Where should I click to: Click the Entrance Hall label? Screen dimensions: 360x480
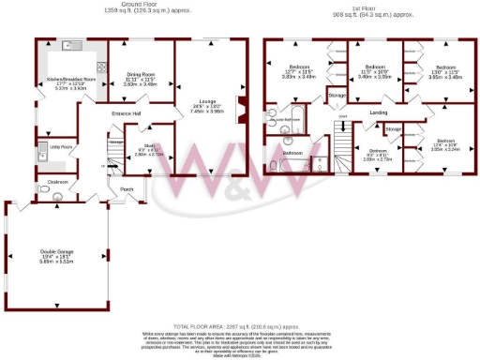[125, 113]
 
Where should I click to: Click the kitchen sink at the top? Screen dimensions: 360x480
[68, 45]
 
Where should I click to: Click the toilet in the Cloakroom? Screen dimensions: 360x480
[57, 195]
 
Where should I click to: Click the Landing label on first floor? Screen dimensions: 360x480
[379, 113]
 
